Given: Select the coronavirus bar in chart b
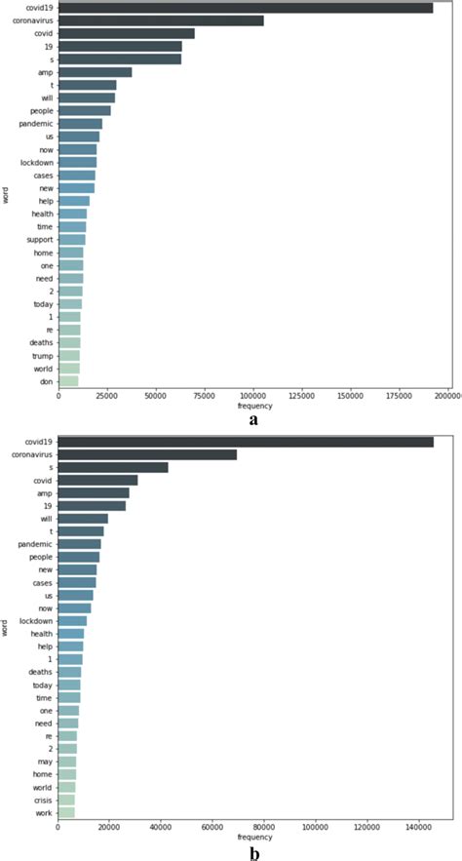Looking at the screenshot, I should coord(147,454).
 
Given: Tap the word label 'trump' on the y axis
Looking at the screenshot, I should coord(42,356).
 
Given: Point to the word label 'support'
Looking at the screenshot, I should coord(39,239).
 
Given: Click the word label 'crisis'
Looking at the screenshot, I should coord(43,800).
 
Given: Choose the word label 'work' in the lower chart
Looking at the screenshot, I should coord(44,812).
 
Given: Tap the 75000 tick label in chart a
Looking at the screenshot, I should coord(205,395).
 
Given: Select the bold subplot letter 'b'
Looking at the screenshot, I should coord(254,854).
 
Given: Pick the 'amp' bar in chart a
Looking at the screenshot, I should coord(96,72).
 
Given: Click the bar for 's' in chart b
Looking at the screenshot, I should coord(113,467).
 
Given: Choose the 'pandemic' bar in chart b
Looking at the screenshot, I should coord(80,543).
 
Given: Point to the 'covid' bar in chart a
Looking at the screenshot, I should coord(127,33).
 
